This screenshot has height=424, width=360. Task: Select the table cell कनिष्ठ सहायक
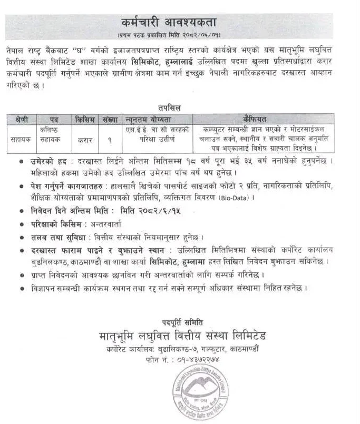[51, 136]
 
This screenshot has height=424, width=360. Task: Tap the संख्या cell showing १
[109, 140]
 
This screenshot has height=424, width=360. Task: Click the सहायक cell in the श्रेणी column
[21, 140]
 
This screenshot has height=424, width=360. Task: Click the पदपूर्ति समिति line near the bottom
[181, 321]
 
